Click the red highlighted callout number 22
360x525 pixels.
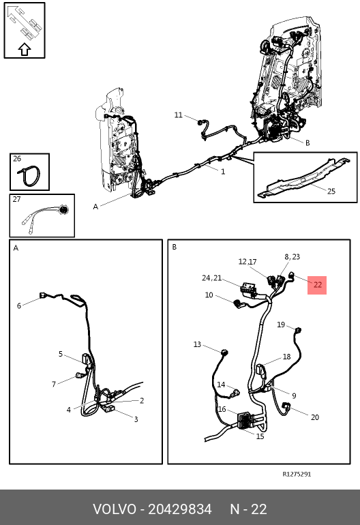318,285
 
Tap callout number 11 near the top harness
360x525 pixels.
178,115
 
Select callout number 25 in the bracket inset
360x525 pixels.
331,191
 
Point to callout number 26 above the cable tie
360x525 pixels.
17,158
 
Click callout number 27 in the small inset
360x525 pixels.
17,199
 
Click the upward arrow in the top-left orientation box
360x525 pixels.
25,50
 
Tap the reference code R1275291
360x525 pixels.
297,474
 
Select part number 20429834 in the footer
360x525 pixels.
180,509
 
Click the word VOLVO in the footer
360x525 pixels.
115,509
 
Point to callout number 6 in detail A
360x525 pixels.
19,305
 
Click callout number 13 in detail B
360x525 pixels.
197,344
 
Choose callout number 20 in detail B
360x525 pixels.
315,417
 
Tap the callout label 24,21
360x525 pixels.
211,278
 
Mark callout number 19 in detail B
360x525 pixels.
281,325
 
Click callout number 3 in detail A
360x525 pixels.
136,419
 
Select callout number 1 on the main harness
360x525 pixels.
223,171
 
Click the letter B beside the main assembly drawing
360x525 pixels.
307,143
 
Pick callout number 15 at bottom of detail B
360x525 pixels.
260,436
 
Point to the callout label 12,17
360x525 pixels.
247,262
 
